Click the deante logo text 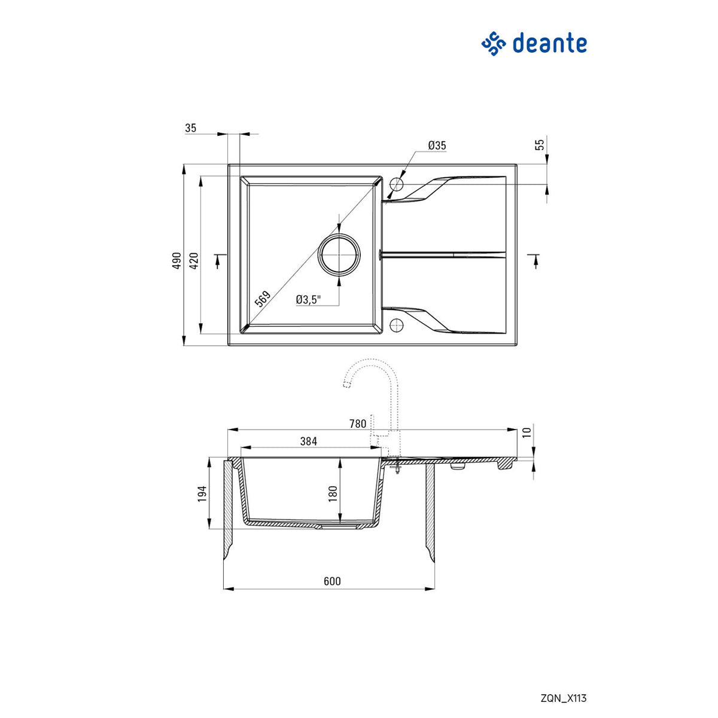coord(549,44)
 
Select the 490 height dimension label coord(176,262)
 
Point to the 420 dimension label coord(193,262)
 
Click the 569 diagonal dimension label coord(263,299)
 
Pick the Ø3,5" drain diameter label coord(308,300)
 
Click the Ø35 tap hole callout coord(437,145)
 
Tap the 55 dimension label coord(540,144)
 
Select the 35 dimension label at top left coord(191,127)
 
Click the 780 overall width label coord(357,424)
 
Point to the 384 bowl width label coord(308,442)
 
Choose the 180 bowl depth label coord(333,492)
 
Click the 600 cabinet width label coord(331,582)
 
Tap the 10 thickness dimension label coord(527,432)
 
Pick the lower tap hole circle coord(395,325)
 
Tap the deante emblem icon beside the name coord(494,44)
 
